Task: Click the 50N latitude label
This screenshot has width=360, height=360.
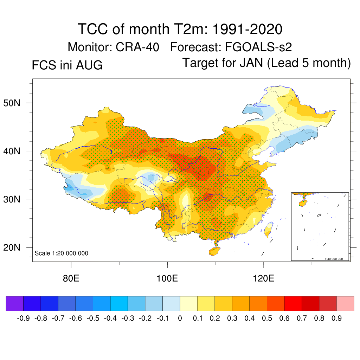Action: click(x=12, y=103)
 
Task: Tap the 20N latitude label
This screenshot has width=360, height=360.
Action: click(x=12, y=247)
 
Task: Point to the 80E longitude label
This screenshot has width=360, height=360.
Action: click(x=71, y=278)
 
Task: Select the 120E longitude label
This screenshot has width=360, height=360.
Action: click(x=263, y=278)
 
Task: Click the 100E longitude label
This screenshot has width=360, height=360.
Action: click(x=167, y=278)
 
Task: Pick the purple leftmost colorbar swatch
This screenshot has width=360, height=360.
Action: click(x=15, y=303)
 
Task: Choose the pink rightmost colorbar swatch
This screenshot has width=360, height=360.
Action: click(x=345, y=303)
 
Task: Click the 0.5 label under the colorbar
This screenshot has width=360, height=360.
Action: click(x=267, y=318)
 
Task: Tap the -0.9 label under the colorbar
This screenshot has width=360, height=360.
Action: click(x=24, y=318)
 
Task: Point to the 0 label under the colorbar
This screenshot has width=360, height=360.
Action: click(x=180, y=318)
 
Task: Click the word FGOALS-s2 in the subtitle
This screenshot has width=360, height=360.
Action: click(x=258, y=47)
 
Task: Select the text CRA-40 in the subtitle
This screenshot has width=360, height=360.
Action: click(x=137, y=47)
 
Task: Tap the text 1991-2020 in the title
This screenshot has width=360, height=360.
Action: click(x=247, y=29)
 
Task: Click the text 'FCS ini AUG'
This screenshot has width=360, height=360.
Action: click(x=67, y=65)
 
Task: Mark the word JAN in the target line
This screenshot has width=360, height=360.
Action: click(x=251, y=63)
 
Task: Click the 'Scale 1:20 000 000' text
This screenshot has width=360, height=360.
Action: click(x=61, y=253)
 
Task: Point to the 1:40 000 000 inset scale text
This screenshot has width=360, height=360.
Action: click(x=334, y=259)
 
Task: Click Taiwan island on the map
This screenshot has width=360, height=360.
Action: click(x=268, y=230)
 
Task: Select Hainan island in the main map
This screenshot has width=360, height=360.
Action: click(x=214, y=251)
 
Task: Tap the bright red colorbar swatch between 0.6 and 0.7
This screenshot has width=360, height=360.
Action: click(x=293, y=303)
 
